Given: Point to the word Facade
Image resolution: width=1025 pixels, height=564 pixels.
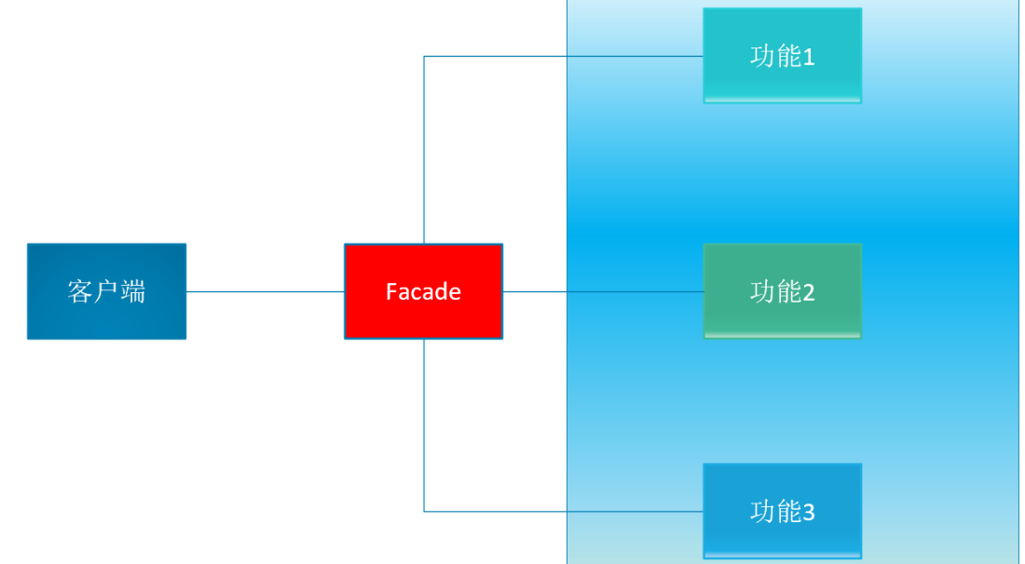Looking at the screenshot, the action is click(x=423, y=292).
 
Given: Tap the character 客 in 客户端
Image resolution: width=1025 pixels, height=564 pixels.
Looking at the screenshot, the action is click(x=80, y=291).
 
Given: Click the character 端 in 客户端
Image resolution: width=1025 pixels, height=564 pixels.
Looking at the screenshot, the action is click(x=133, y=291).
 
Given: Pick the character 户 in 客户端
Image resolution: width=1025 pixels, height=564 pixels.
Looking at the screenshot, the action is click(x=106, y=291).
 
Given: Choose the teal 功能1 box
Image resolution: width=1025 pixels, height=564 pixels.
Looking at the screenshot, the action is click(x=782, y=79).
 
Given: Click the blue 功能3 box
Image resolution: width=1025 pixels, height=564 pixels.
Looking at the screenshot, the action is click(x=782, y=535).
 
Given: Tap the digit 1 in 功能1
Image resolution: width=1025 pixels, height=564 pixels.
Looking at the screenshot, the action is click(x=808, y=58).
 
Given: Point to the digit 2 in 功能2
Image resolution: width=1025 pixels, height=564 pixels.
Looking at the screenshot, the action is click(x=808, y=293).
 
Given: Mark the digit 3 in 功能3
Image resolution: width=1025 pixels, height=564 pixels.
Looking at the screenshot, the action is click(x=808, y=512).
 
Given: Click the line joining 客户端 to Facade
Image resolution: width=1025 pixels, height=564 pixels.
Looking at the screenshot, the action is click(x=266, y=291).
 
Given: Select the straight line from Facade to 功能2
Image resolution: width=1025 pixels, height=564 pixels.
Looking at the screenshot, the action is click(x=603, y=291).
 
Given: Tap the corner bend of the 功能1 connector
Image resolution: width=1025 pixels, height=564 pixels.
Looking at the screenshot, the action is click(x=424, y=56).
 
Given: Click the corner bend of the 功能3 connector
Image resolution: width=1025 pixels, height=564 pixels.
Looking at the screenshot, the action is click(x=424, y=511).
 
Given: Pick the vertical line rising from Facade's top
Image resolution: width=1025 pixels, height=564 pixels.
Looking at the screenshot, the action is click(x=424, y=149).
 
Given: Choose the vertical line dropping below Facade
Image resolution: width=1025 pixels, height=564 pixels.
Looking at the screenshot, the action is click(x=424, y=423).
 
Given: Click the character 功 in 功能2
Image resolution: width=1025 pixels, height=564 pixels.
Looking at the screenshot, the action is click(x=762, y=292).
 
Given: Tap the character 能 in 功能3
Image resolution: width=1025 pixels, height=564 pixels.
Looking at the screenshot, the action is click(x=788, y=511).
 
